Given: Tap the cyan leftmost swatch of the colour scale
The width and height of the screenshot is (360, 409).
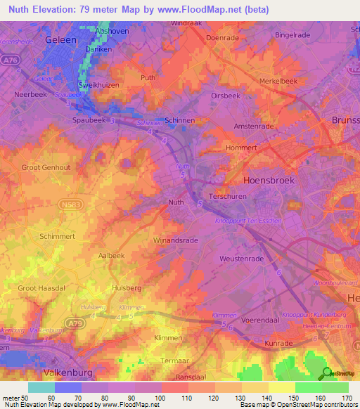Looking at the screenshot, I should (41, 387).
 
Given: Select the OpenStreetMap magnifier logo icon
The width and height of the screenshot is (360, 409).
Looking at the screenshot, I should (328, 374).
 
